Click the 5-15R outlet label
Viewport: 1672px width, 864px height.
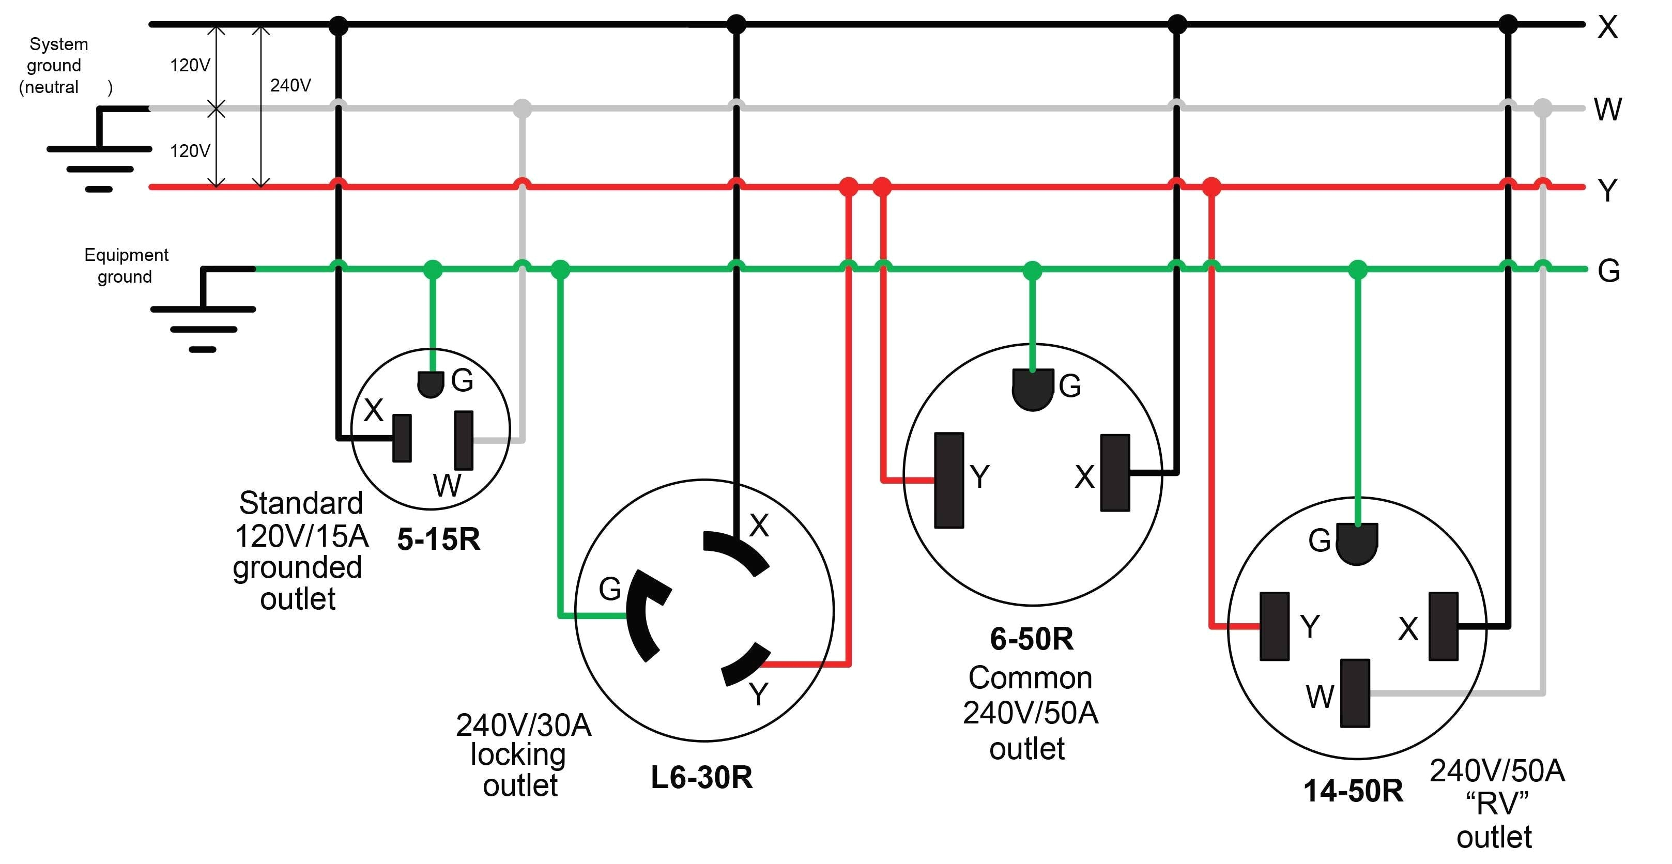(439, 539)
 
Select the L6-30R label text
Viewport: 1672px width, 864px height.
(702, 777)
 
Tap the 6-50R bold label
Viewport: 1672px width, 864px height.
(1032, 639)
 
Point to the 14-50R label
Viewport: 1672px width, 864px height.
(1353, 791)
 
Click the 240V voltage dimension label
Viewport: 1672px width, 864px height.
(290, 85)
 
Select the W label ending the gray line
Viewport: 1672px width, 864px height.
(1608, 109)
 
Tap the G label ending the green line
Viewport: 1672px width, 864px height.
(1608, 271)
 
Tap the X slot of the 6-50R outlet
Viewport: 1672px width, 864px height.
(1115, 473)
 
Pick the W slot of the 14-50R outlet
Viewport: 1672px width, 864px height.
(1355, 692)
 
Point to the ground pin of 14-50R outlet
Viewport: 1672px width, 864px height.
(1357, 544)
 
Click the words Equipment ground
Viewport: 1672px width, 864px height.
(126, 266)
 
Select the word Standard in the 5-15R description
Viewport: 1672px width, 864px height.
(300, 503)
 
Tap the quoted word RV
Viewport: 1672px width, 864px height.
(1497, 804)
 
